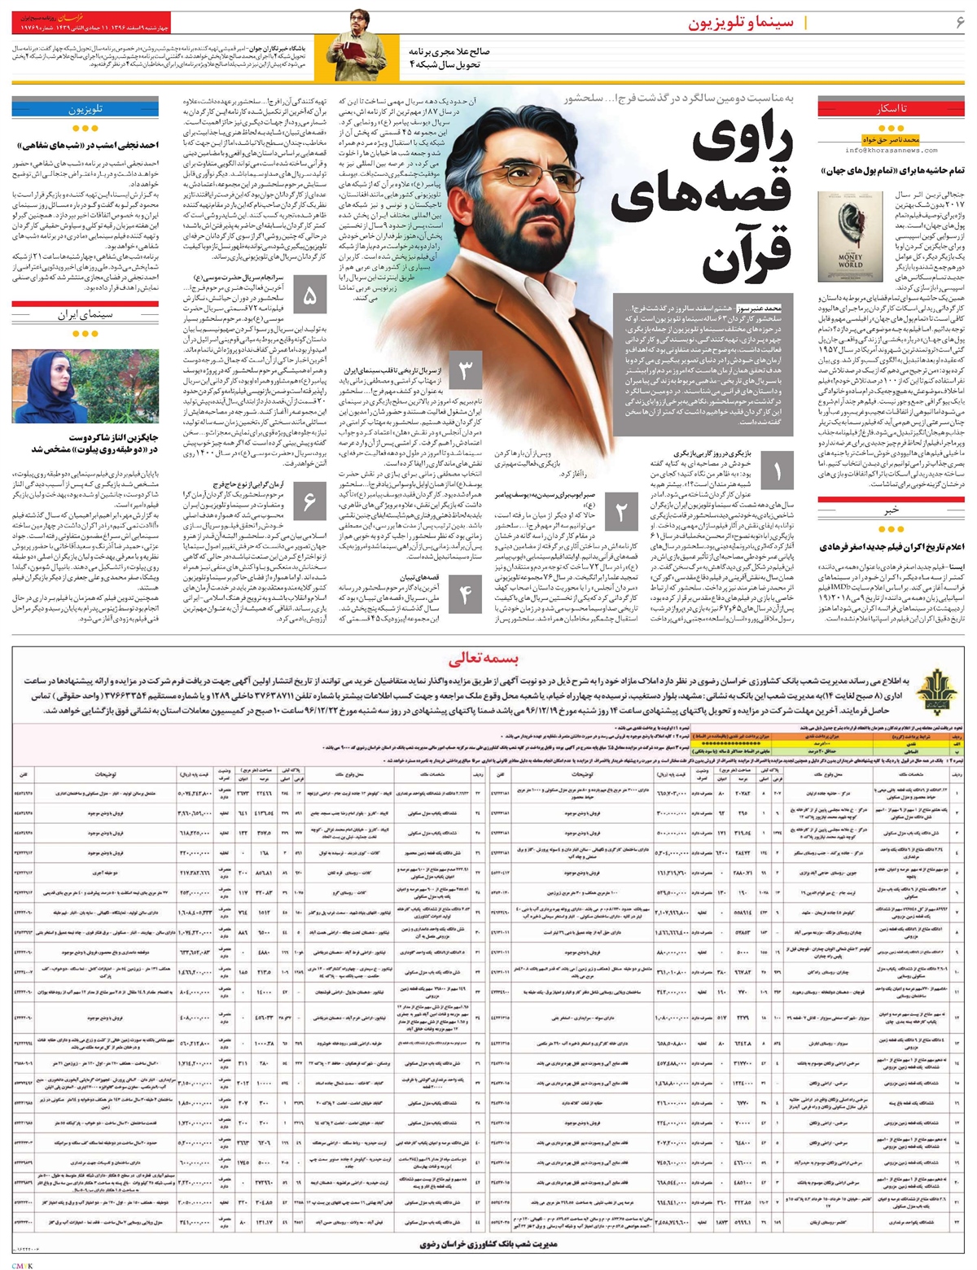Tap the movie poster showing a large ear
pos(843,236)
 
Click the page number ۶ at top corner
pos(960,22)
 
